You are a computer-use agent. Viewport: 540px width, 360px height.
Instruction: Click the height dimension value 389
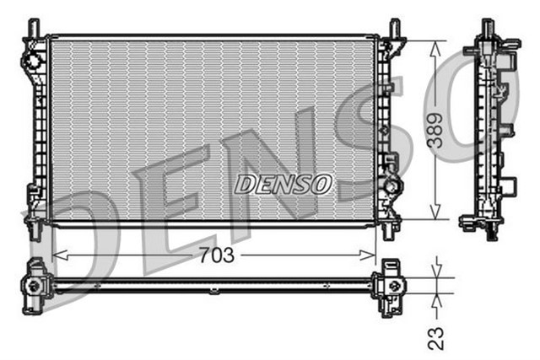coord(435,132)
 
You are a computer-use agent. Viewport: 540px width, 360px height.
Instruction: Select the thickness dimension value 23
coord(435,336)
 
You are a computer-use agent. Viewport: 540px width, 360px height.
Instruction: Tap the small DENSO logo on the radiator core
coord(283,183)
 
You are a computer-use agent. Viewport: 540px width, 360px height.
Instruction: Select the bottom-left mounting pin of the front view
coord(35,228)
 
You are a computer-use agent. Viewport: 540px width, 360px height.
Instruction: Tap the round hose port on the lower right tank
coord(392,185)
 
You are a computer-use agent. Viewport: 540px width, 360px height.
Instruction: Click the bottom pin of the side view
coord(490,232)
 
